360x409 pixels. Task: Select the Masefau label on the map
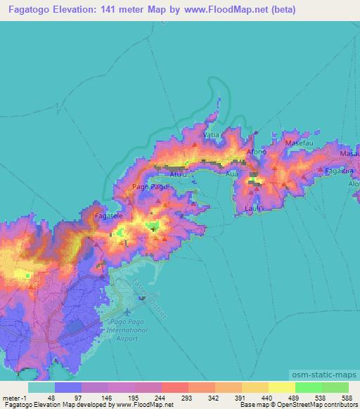click(297, 143)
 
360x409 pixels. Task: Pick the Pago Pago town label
click(149, 187)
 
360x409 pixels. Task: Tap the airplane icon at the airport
click(127, 311)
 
